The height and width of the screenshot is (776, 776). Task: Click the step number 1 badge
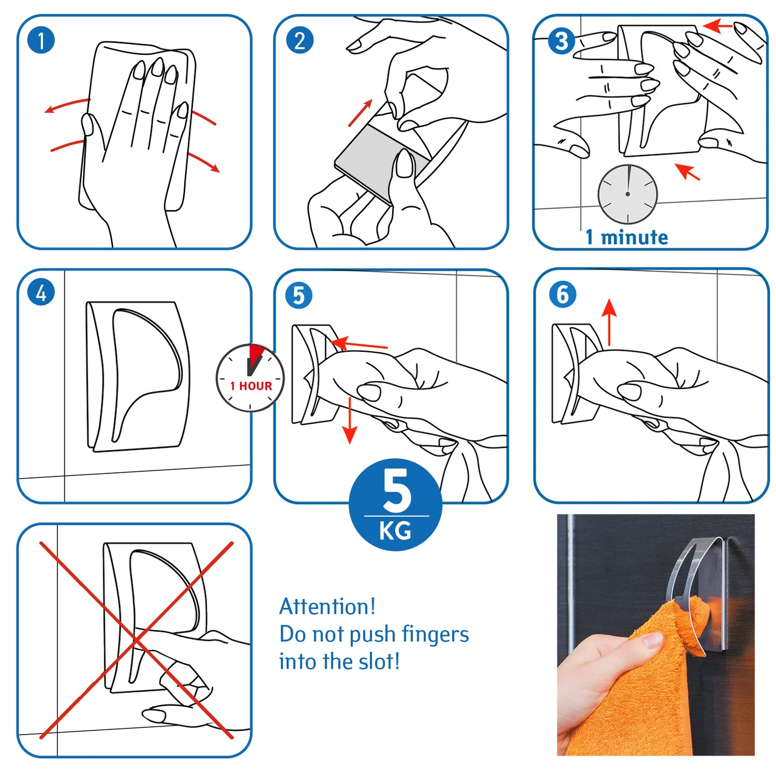pos(41,40)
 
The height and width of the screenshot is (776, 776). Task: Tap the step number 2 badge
pos(300,40)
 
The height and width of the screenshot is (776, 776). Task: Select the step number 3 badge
pos(561,41)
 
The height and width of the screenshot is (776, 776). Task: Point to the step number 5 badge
pos(299,295)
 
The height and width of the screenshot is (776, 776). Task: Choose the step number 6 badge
pos(563,295)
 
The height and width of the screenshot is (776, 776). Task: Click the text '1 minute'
pos(627,237)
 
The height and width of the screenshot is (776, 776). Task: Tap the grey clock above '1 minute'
pos(627,194)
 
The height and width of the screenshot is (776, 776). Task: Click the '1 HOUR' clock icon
pos(250,378)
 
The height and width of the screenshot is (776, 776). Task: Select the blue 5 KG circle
pos(395,504)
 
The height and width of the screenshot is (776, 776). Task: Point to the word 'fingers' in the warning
pos(435,635)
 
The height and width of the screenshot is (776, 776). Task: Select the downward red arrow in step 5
pos(350,420)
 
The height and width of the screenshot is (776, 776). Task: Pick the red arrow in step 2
pos(360,113)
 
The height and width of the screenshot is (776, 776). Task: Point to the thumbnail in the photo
pos(652,640)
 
